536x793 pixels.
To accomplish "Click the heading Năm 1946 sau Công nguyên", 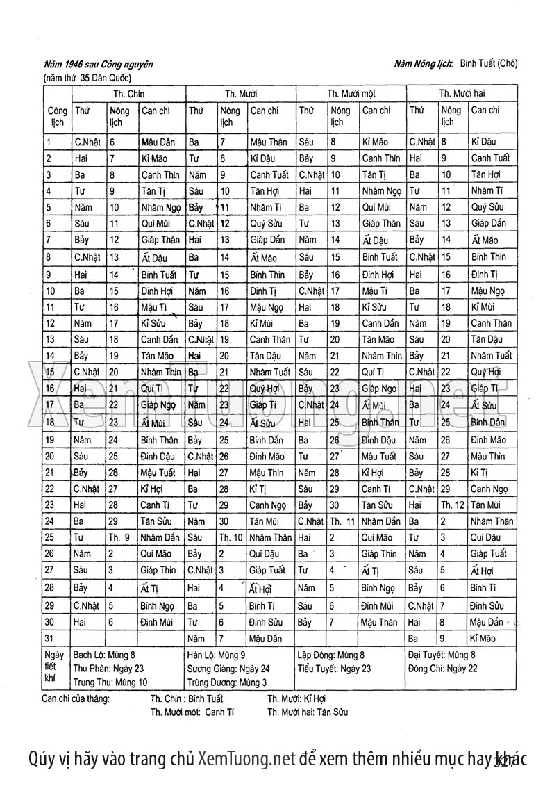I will (x=99, y=65).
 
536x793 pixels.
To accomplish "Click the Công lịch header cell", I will (x=57, y=115).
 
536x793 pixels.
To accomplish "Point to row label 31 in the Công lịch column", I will (x=49, y=637).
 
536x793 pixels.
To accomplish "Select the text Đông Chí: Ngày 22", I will (x=442, y=668).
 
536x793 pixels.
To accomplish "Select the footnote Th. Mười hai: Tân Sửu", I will (x=308, y=712).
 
